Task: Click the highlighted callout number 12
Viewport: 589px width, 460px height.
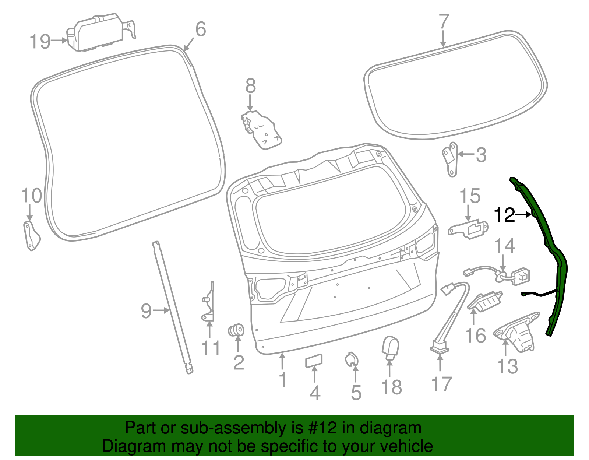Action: pyautogui.click(x=504, y=215)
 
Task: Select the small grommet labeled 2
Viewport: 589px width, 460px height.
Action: pyautogui.click(x=236, y=330)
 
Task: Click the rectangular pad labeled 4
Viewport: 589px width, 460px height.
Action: pyautogui.click(x=314, y=361)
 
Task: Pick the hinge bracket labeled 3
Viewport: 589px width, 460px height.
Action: pyautogui.click(x=451, y=160)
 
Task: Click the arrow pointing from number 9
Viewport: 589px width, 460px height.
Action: pyautogui.click(x=161, y=310)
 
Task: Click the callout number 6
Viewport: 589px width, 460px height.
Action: pyautogui.click(x=201, y=29)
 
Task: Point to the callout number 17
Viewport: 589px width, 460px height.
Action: pyautogui.click(x=441, y=384)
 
